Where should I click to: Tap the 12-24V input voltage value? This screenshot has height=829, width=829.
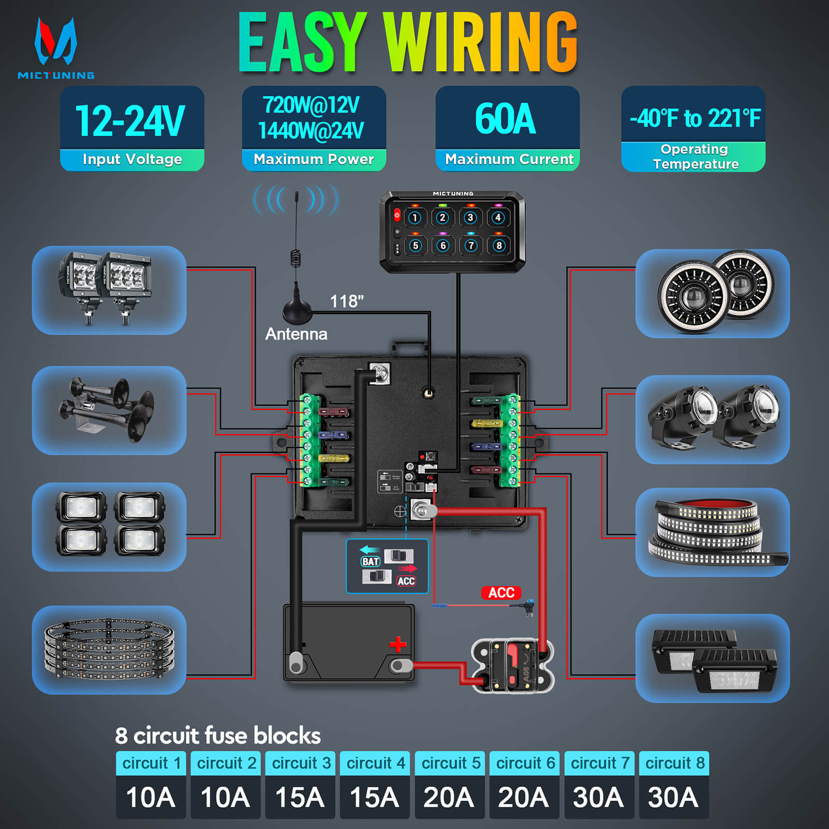131,121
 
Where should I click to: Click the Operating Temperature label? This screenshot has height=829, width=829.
694,156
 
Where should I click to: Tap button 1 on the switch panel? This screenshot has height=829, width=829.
414,218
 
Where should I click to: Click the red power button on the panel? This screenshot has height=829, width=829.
397,215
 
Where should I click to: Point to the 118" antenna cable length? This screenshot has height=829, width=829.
347,301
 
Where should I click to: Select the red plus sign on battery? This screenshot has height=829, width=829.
397,645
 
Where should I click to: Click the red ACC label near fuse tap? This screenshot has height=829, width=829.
501,593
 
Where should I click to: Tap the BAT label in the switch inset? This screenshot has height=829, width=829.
370,562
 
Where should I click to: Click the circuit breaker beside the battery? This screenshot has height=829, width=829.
512,666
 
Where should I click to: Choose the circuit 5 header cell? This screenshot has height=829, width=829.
450,763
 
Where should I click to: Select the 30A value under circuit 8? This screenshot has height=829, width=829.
673,797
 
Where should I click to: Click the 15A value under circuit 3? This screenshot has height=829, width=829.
300,797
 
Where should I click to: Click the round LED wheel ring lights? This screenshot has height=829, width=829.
109,650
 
